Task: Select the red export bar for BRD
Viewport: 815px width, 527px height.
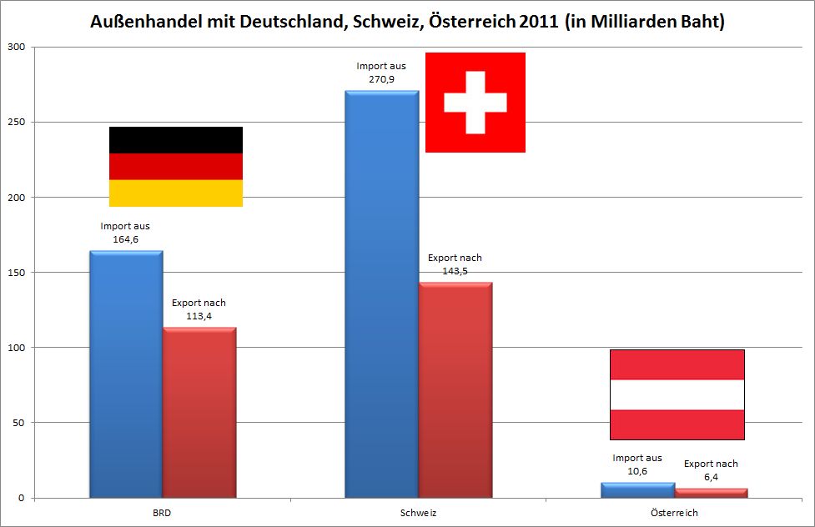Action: [199, 413]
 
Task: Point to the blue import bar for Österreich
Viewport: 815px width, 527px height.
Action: [638, 490]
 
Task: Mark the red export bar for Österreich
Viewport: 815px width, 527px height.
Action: [711, 493]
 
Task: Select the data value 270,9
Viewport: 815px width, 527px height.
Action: [380, 78]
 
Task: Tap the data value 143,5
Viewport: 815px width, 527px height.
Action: [455, 271]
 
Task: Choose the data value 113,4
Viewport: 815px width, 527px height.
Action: [199, 315]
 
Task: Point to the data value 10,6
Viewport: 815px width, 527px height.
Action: [637, 470]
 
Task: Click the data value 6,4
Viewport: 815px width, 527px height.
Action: [711, 476]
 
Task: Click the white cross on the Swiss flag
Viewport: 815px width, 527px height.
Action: [475, 103]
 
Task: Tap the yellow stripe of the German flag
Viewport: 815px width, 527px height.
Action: [175, 193]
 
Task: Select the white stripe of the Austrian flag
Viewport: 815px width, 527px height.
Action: [677, 394]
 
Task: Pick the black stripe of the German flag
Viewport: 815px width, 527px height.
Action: [175, 139]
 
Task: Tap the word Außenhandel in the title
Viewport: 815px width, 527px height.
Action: [147, 23]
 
